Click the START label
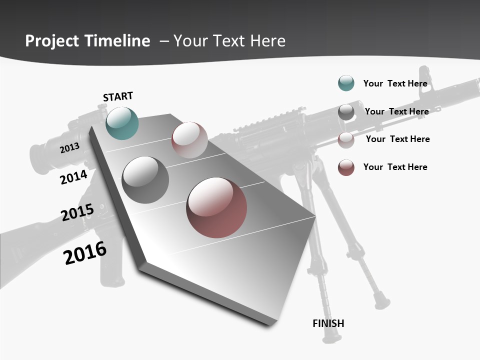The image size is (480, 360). tap(118, 96)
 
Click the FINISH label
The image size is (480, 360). tap(328, 323)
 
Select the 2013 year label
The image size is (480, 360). tap(69, 147)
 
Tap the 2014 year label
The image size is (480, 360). tap(73, 177)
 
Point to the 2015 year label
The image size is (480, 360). tap(77, 212)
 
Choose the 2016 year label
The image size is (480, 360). tap(85, 253)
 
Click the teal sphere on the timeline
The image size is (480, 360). tap(122, 123)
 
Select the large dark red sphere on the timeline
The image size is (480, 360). tap(216, 207)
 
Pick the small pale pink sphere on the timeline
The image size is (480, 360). tap(189, 140)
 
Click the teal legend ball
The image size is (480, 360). tap(346, 83)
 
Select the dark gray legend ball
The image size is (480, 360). tap(346, 112)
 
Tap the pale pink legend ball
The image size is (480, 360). tap(346, 140)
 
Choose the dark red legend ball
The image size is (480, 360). tap(346, 167)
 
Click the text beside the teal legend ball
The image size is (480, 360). tap(395, 83)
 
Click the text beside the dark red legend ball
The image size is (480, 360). tap(395, 167)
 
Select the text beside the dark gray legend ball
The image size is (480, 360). tap(396, 111)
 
